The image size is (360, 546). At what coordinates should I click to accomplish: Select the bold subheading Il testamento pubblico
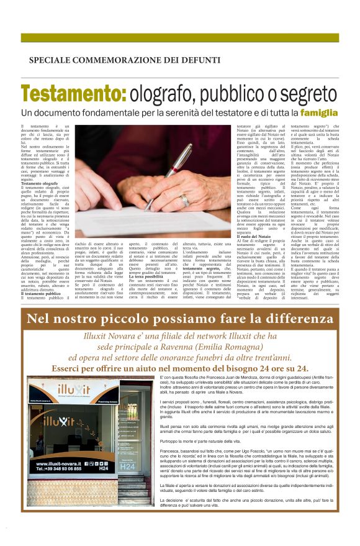coord(42,293)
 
